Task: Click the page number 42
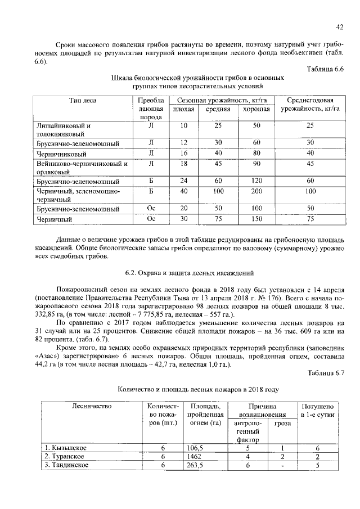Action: (340, 26)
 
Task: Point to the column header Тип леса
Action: (83, 101)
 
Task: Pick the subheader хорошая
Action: (256, 109)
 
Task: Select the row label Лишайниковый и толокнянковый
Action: (63, 130)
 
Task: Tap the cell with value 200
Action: (256, 192)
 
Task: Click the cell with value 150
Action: (256, 219)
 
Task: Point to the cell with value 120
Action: (256, 182)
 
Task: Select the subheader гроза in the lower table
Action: (282, 423)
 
